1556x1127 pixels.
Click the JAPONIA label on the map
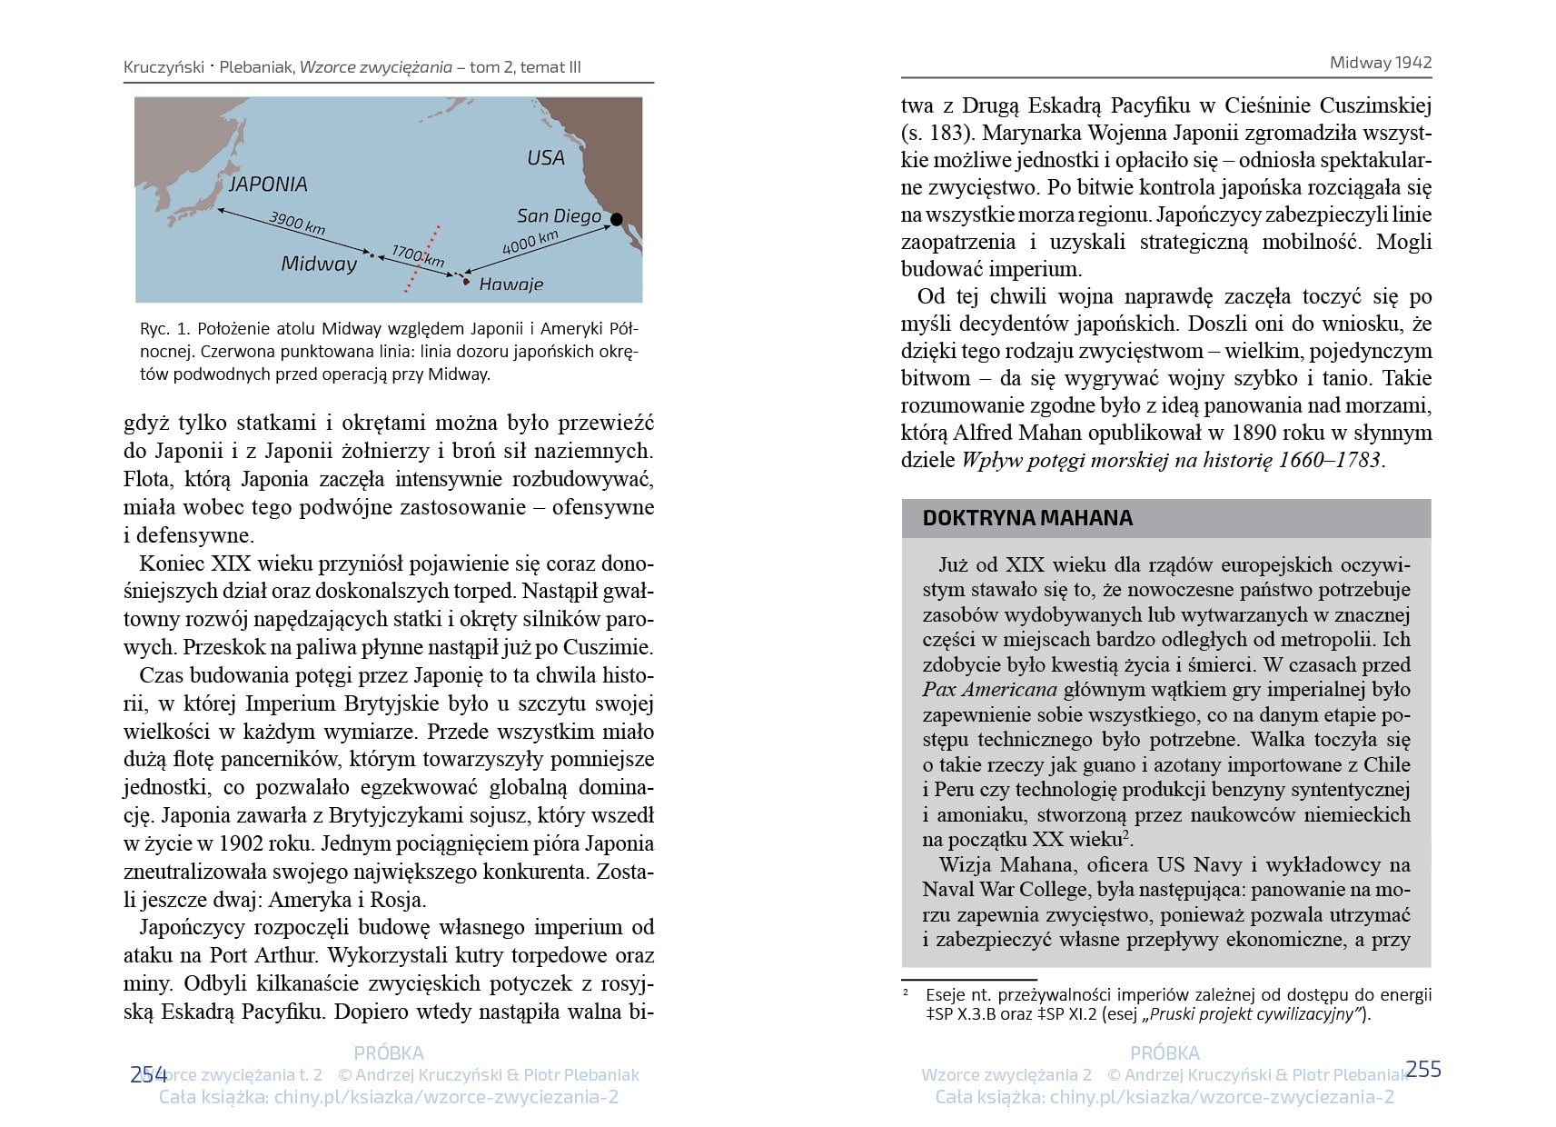tap(268, 185)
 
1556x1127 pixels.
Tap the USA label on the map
tap(545, 158)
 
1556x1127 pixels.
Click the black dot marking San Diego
tap(616, 219)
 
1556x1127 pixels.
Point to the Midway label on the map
tap(319, 264)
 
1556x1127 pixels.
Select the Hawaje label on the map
tap(510, 284)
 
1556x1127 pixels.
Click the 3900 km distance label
tap(297, 223)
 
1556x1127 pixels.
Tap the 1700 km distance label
tap(418, 255)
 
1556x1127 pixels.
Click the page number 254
tap(148, 1074)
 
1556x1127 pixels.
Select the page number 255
tap(1422, 1069)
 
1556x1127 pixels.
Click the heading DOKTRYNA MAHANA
tap(1027, 518)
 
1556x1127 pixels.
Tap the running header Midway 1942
tap(1380, 63)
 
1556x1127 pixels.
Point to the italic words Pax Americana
tap(989, 690)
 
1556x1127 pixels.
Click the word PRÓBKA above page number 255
tap(1165, 1052)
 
